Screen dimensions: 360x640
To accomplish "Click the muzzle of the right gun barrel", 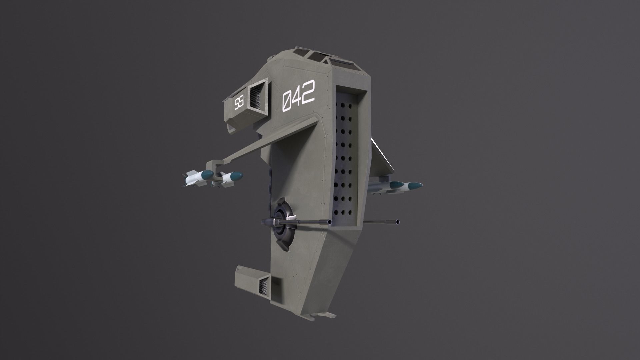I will click(397, 222).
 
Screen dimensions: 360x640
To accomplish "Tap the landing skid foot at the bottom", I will click(328, 315).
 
